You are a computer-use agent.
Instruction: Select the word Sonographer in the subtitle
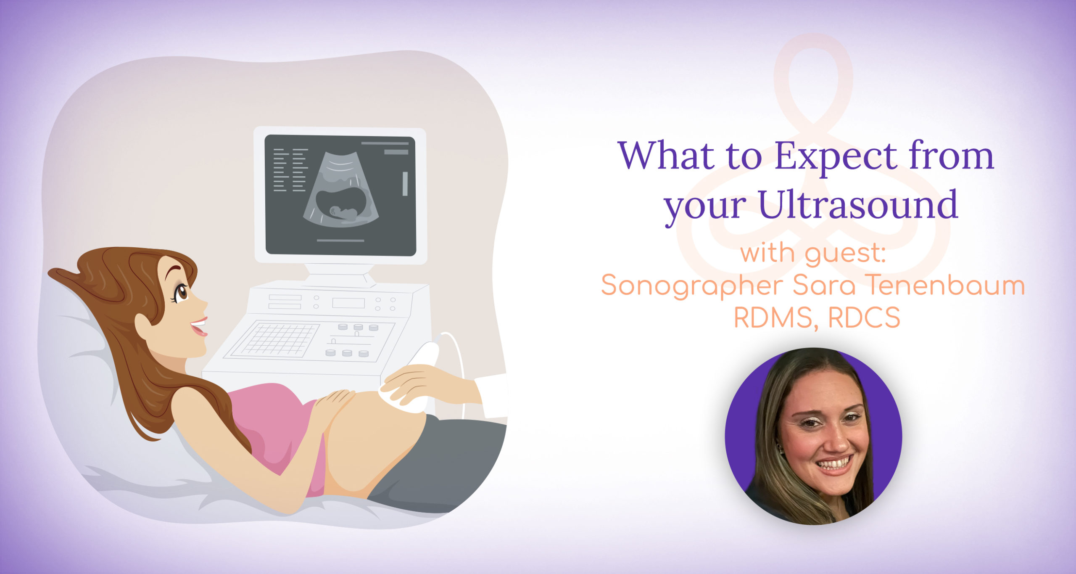[691, 286]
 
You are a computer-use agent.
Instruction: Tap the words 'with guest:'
[813, 254]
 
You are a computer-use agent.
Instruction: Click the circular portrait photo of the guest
[813, 436]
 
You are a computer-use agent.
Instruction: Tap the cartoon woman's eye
[182, 292]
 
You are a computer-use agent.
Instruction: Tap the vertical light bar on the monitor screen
[405, 184]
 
